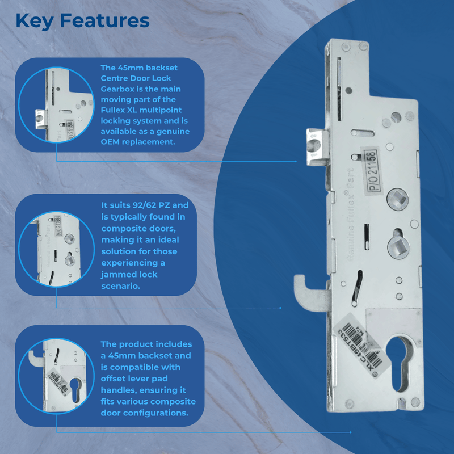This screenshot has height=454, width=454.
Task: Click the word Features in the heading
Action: coord(104,22)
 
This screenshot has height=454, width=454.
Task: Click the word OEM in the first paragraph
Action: coord(111,142)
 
